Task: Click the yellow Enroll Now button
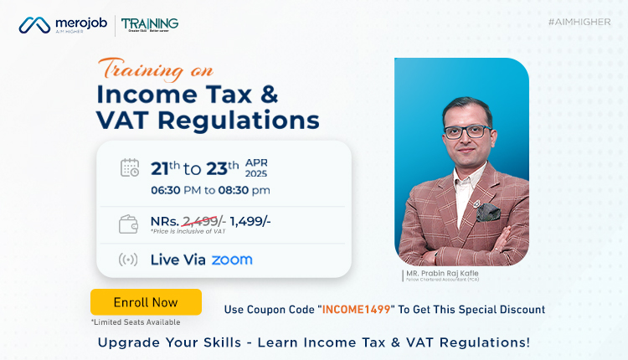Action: [x=146, y=301]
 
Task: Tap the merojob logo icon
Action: [x=33, y=25]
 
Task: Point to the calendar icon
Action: [x=130, y=167]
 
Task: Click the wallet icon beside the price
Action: [x=130, y=224]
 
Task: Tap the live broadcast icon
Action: [x=130, y=260]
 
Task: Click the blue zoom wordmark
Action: [x=232, y=260]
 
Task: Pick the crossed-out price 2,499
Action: [x=199, y=220]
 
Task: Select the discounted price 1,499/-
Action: [x=250, y=220]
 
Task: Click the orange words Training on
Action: [x=156, y=69]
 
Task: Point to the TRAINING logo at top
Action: [x=150, y=23]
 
